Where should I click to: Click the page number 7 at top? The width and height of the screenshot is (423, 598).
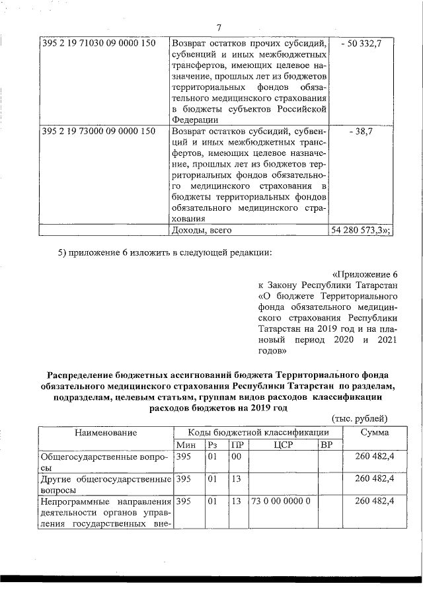(x=218, y=27)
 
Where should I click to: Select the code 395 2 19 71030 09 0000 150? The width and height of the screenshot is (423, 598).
(x=98, y=43)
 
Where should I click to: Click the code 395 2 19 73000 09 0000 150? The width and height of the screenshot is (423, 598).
(x=98, y=131)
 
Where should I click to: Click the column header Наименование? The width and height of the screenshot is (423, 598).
(x=106, y=432)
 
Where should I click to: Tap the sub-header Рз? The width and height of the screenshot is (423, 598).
(x=212, y=444)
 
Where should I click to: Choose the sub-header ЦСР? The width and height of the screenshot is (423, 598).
(x=282, y=444)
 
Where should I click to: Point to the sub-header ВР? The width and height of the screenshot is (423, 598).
(x=326, y=444)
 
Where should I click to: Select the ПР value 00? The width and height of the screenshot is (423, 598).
(x=237, y=456)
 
